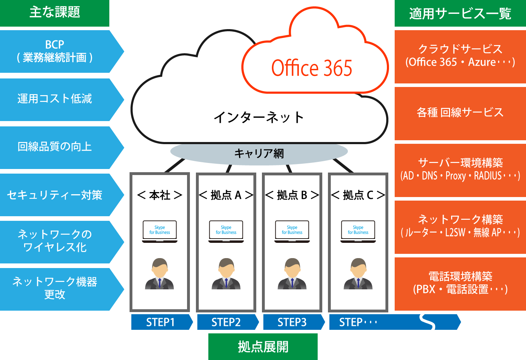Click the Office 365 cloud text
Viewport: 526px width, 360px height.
[312, 68]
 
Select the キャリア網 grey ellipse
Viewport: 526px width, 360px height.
[259, 153]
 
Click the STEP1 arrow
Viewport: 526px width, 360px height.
[160, 322]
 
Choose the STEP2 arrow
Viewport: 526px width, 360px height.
[226, 322]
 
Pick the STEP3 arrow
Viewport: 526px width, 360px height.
[292, 322]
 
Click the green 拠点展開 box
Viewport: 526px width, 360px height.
[263, 347]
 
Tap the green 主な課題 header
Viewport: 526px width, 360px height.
[55, 13]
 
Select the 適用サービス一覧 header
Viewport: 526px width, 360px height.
[460, 13]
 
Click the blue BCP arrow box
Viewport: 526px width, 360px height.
[55, 51]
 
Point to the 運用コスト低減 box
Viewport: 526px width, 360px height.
[55, 99]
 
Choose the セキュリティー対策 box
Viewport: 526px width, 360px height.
[55, 195]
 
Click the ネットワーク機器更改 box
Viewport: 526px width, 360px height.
[55, 288]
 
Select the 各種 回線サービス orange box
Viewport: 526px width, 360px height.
[460, 113]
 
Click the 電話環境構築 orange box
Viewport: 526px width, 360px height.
[460, 283]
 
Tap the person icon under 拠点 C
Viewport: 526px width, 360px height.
[358, 274]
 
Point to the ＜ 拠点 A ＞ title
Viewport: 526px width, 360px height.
[226, 195]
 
